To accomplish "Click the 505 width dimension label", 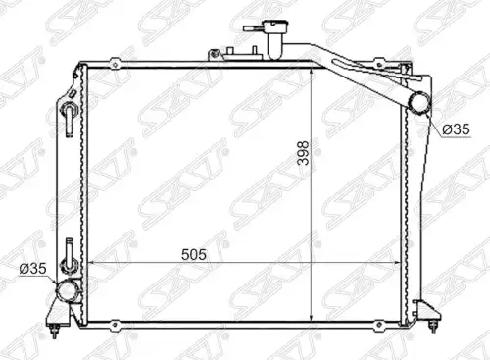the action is point(194,254).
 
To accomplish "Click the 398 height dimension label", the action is point(304,153).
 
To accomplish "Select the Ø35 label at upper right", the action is point(456,129).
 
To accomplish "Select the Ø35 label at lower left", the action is point(33,269).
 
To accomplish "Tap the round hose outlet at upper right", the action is point(420,102).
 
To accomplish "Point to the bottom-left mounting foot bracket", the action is point(59,318).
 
